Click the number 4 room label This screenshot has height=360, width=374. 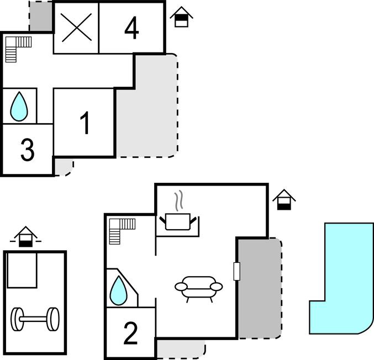pyautogui.click(x=131, y=28)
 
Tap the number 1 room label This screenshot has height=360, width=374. pyautogui.click(x=85, y=123)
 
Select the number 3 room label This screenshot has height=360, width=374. pyautogui.click(x=28, y=150)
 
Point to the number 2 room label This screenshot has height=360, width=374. pyautogui.click(x=130, y=333)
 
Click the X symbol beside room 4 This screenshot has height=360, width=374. pyautogui.click(x=76, y=28)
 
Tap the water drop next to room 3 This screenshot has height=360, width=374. pyautogui.click(x=19, y=107)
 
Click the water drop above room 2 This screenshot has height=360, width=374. pyautogui.click(x=118, y=290)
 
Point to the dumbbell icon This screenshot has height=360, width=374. pyautogui.click(x=35, y=319)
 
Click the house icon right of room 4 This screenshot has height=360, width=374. pyautogui.click(x=182, y=17)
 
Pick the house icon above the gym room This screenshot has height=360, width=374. pyautogui.click(x=25, y=237)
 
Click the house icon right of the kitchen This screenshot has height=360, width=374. pyautogui.click(x=284, y=200)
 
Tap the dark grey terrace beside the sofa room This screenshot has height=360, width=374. pyautogui.click(x=260, y=288)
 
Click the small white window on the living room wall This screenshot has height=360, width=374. pyautogui.click(x=236, y=271)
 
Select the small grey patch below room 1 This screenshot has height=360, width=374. pyautogui.click(x=64, y=168)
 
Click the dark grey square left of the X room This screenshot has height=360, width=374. pyautogui.click(x=40, y=16)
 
